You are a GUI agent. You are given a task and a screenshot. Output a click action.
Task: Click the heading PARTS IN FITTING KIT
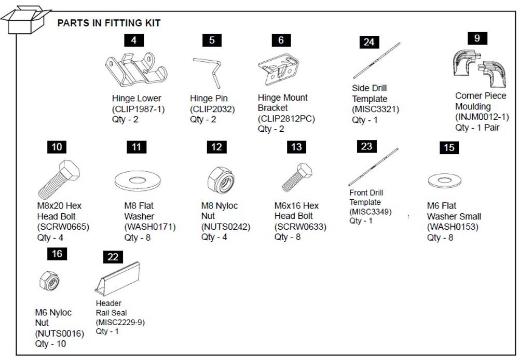tap(108, 23)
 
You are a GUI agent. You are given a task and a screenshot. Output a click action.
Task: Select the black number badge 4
tap(134, 40)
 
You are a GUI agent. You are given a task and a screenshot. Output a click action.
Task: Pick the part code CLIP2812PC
tap(286, 119)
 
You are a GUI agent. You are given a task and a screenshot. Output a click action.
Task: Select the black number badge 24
tap(368, 42)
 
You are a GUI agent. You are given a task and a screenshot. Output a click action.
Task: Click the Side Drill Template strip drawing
tap(377, 61)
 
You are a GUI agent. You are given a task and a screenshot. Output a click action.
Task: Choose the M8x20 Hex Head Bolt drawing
tap(59, 179)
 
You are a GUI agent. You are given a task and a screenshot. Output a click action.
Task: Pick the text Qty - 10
tap(50, 344)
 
